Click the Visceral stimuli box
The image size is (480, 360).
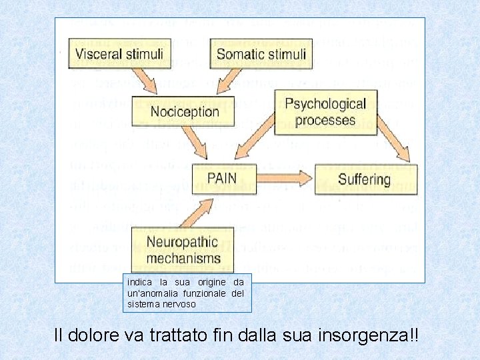coord(119,54)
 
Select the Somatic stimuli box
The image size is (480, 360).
coord(261,54)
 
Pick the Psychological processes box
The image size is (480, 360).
coord(325,112)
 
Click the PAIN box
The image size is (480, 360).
coord(222,179)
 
